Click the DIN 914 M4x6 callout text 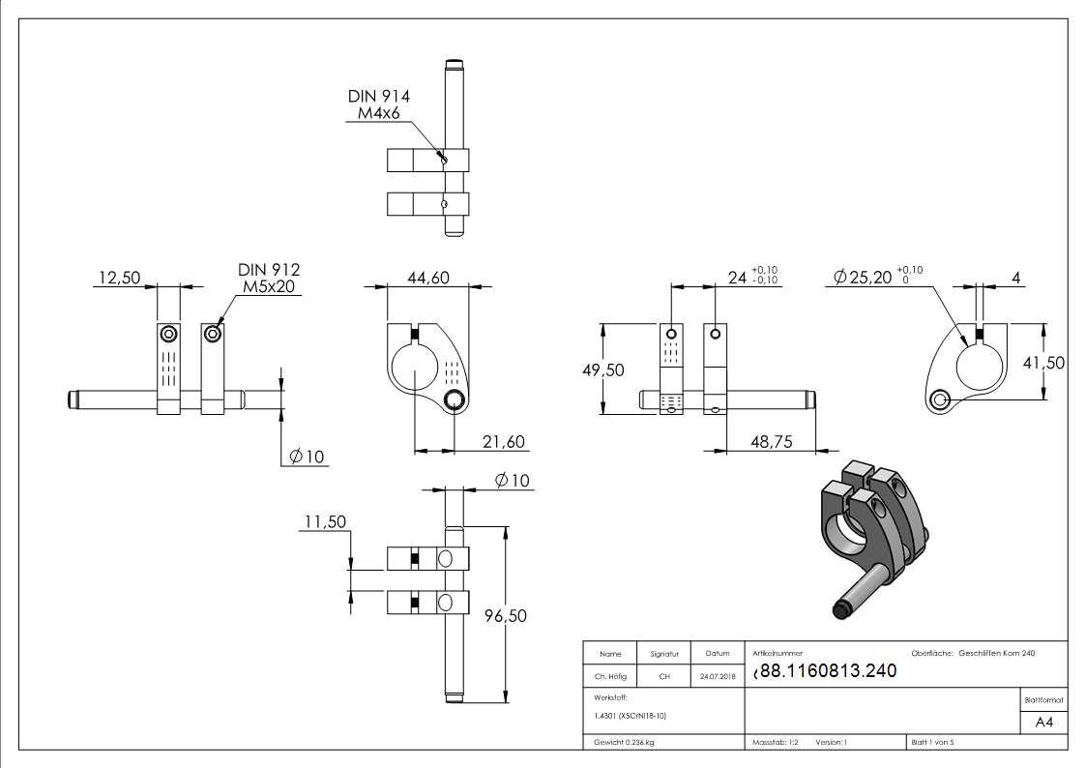click(x=378, y=104)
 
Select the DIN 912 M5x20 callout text click(x=268, y=278)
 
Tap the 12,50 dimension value click(x=117, y=279)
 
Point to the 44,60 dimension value click(x=427, y=279)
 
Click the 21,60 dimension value click(x=503, y=442)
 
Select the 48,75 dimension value click(x=771, y=441)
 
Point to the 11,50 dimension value click(x=326, y=522)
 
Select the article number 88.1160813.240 click(x=828, y=671)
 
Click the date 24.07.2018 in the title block click(x=717, y=677)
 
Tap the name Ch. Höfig click(x=609, y=677)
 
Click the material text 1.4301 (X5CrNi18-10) click(x=630, y=716)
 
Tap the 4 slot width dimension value click(x=1015, y=279)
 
